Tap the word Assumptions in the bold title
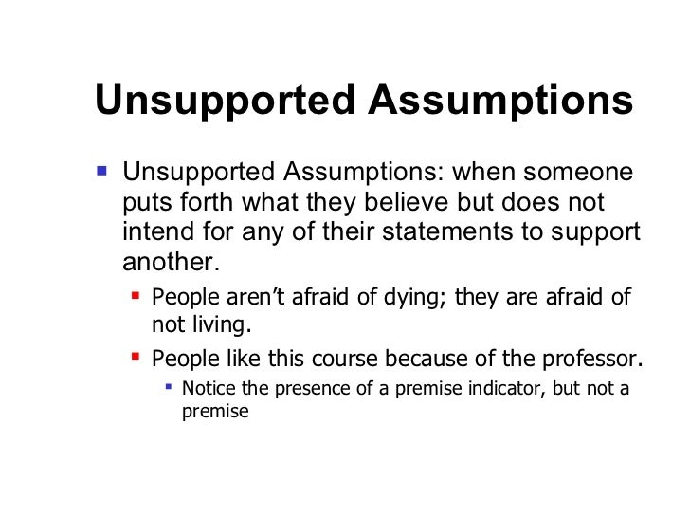point(500,102)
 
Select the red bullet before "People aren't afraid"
point(135,295)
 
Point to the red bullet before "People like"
point(135,358)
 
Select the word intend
point(154,232)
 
